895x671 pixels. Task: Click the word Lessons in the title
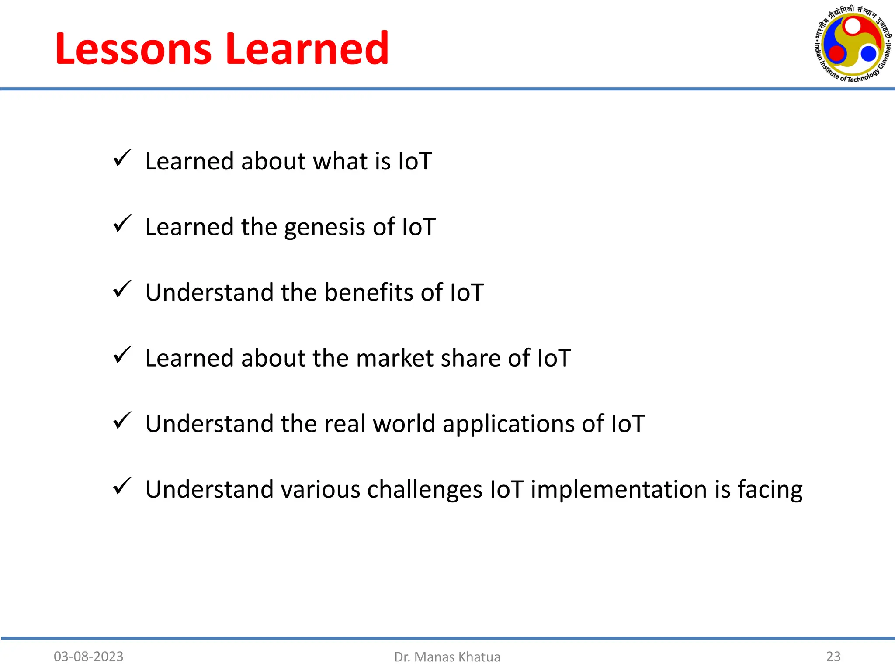tap(133, 49)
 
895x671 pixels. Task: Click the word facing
tap(770, 490)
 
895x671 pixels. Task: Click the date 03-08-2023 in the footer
tap(88, 657)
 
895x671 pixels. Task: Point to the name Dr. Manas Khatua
tap(447, 657)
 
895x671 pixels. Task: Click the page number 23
tap(833, 656)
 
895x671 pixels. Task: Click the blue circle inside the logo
tap(868, 54)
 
